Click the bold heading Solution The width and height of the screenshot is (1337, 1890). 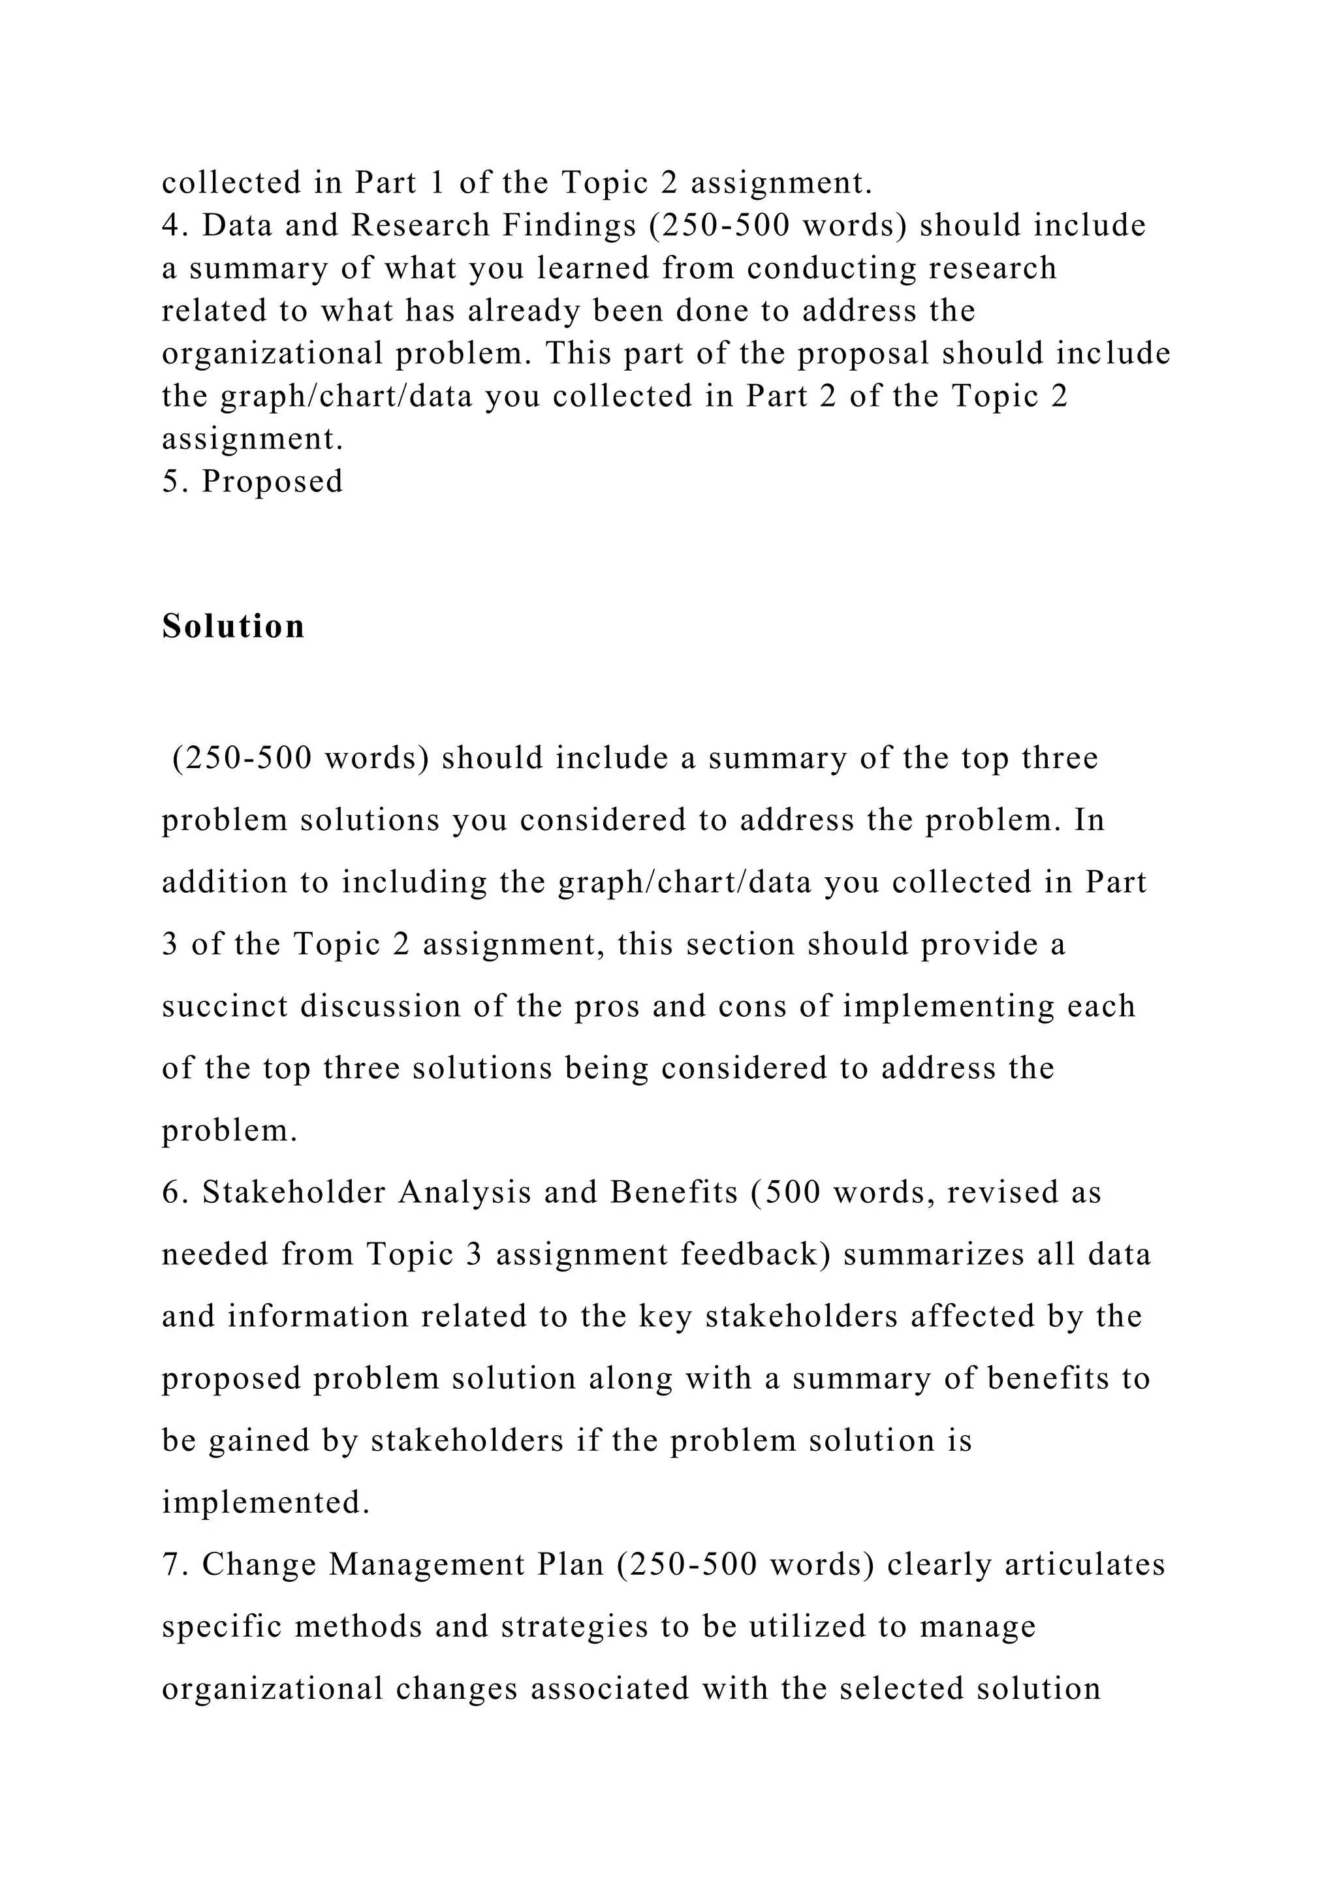tap(233, 627)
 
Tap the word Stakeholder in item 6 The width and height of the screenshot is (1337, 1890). tap(294, 1193)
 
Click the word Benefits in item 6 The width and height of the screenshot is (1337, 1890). tap(674, 1193)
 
